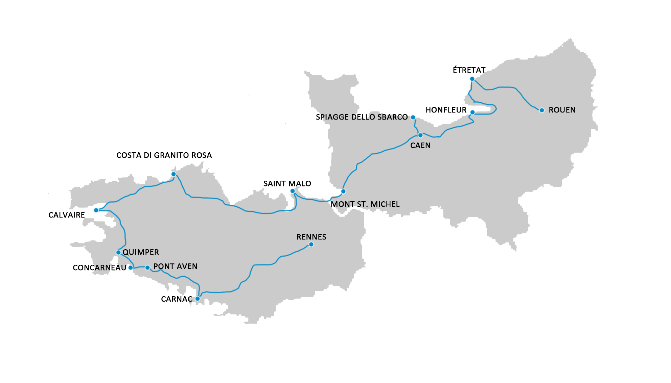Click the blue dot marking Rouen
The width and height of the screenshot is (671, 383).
click(x=541, y=110)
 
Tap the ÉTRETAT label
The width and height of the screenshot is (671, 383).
click(x=469, y=70)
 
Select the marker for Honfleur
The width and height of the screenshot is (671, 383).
click(x=472, y=112)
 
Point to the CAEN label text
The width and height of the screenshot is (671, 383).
click(x=420, y=146)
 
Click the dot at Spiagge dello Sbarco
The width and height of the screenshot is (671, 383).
click(x=413, y=118)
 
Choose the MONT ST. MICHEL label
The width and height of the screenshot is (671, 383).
click(x=365, y=204)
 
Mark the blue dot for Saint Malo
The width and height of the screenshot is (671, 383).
click(x=293, y=191)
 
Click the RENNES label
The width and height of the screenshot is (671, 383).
click(x=311, y=237)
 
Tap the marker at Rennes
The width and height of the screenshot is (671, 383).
click(x=311, y=244)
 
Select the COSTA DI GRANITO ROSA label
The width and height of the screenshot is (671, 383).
click(x=164, y=155)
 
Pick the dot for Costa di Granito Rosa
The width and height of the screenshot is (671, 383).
click(x=173, y=174)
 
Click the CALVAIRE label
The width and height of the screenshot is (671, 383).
click(x=67, y=215)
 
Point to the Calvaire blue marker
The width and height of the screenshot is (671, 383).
click(x=96, y=210)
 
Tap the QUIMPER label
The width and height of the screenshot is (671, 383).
click(x=141, y=252)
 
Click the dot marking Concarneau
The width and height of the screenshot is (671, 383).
click(x=131, y=267)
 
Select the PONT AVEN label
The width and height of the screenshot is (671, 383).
click(x=175, y=266)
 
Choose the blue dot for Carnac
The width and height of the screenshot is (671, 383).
click(x=198, y=299)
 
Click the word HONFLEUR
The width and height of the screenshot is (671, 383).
click(x=446, y=110)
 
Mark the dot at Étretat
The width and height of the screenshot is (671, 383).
click(x=472, y=79)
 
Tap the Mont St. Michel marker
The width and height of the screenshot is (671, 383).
click(x=343, y=191)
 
